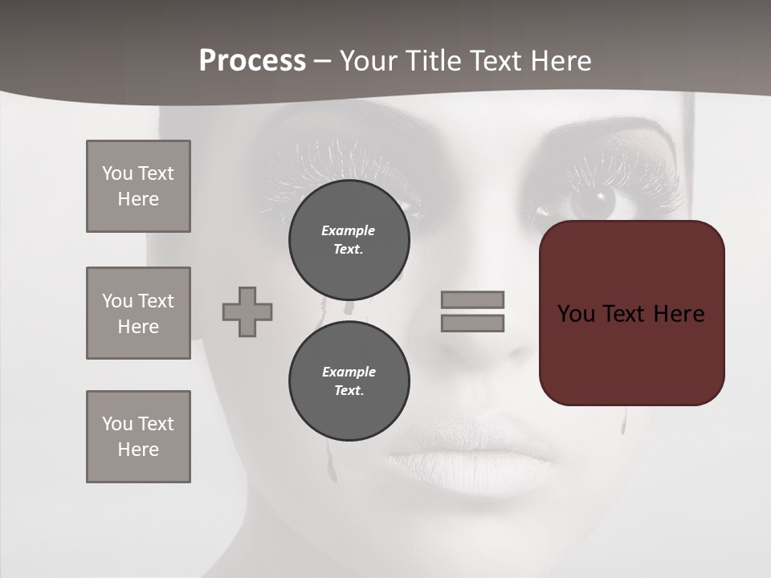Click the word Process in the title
pyautogui.click(x=252, y=61)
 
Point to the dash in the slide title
pyautogui.click(x=322, y=62)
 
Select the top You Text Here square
pyautogui.click(x=138, y=186)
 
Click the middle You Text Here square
pyautogui.click(x=138, y=313)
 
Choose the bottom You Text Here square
pyautogui.click(x=138, y=437)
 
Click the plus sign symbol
pyautogui.click(x=247, y=311)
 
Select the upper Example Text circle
pyautogui.click(x=349, y=240)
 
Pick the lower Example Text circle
pyautogui.click(x=349, y=381)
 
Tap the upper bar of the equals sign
pyautogui.click(x=472, y=299)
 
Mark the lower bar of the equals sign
pyautogui.click(x=472, y=324)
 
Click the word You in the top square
pyautogui.click(x=117, y=173)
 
